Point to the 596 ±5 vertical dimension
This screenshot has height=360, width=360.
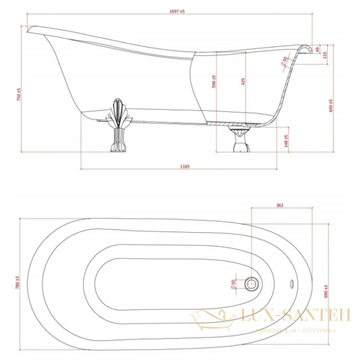click(214, 82)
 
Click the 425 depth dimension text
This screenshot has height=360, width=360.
click(243, 82)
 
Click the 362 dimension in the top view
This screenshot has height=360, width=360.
click(280, 206)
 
